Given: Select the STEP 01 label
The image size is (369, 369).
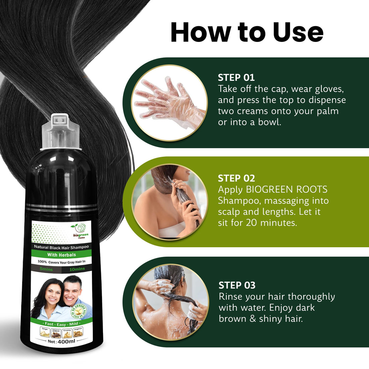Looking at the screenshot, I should point(236,77).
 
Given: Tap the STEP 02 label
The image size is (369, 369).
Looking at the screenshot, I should point(236,178).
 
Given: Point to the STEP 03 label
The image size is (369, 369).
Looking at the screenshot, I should point(237,285).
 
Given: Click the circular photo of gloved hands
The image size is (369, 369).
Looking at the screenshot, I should point(169,103).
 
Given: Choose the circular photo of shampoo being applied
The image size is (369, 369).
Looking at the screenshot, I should point(169,202).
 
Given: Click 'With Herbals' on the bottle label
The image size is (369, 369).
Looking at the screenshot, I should point(61,255).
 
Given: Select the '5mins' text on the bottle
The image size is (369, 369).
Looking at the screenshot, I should point(46,269).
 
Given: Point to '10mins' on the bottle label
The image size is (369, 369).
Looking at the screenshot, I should point(77,269).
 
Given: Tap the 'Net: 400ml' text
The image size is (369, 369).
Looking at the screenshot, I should point(61,341).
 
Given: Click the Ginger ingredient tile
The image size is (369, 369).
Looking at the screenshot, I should point(45,332).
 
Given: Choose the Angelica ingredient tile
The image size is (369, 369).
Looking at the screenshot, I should point(78,332).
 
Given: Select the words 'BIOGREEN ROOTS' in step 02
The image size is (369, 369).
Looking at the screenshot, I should point(286,190).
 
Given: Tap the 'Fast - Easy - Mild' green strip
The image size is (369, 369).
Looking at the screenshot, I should point(61,324).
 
